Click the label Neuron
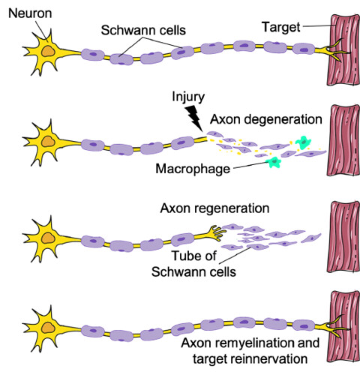(30, 13)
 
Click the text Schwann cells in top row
(143, 30)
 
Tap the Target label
(281, 27)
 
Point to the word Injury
(188, 97)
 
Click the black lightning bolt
(194, 118)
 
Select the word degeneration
(283, 119)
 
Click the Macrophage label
(193, 169)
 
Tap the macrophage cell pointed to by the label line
(274, 162)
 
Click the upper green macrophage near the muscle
(303, 142)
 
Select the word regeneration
(235, 208)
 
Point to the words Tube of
(193, 256)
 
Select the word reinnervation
(269, 359)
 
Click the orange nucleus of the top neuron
(48, 52)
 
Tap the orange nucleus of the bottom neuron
(48, 328)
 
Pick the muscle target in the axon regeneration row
(343, 237)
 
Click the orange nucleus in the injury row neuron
(48, 142)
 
